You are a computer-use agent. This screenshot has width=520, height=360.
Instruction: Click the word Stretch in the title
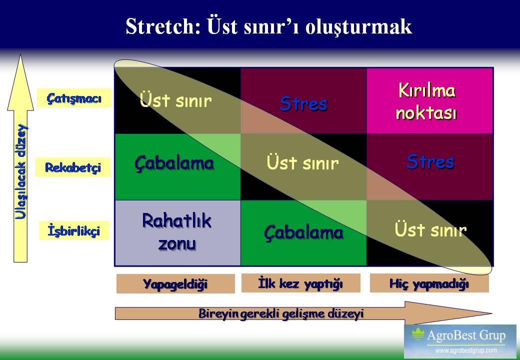pos(163,26)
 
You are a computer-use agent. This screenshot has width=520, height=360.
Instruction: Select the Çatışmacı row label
pos(74,98)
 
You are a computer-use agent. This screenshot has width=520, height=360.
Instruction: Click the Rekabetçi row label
pos(73,167)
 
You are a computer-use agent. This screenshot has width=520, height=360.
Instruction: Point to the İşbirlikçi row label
pos(74,230)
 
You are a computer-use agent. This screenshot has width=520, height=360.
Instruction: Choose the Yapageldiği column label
pos(175,284)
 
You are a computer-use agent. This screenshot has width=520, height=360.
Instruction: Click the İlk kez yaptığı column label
pos(300,283)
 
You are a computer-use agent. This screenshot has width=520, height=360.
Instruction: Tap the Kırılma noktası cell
pos(430,101)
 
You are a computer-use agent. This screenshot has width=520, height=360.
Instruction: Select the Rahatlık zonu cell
pos(177,232)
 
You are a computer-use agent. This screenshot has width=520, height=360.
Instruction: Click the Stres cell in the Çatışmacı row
pos(304,101)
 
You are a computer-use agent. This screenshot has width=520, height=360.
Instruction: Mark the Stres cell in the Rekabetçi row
pos(430,166)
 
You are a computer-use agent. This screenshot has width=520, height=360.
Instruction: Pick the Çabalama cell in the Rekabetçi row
pos(177,166)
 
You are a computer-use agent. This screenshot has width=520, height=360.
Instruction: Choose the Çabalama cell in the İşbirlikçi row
pos(304,232)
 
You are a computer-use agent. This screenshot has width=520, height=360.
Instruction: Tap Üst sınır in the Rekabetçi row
pos(302,162)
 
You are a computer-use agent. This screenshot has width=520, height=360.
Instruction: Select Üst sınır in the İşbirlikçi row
pos(430,229)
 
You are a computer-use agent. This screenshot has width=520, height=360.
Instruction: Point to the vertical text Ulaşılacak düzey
pos(20,171)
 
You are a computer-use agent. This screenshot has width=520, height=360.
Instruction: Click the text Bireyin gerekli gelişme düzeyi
pos(281,313)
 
